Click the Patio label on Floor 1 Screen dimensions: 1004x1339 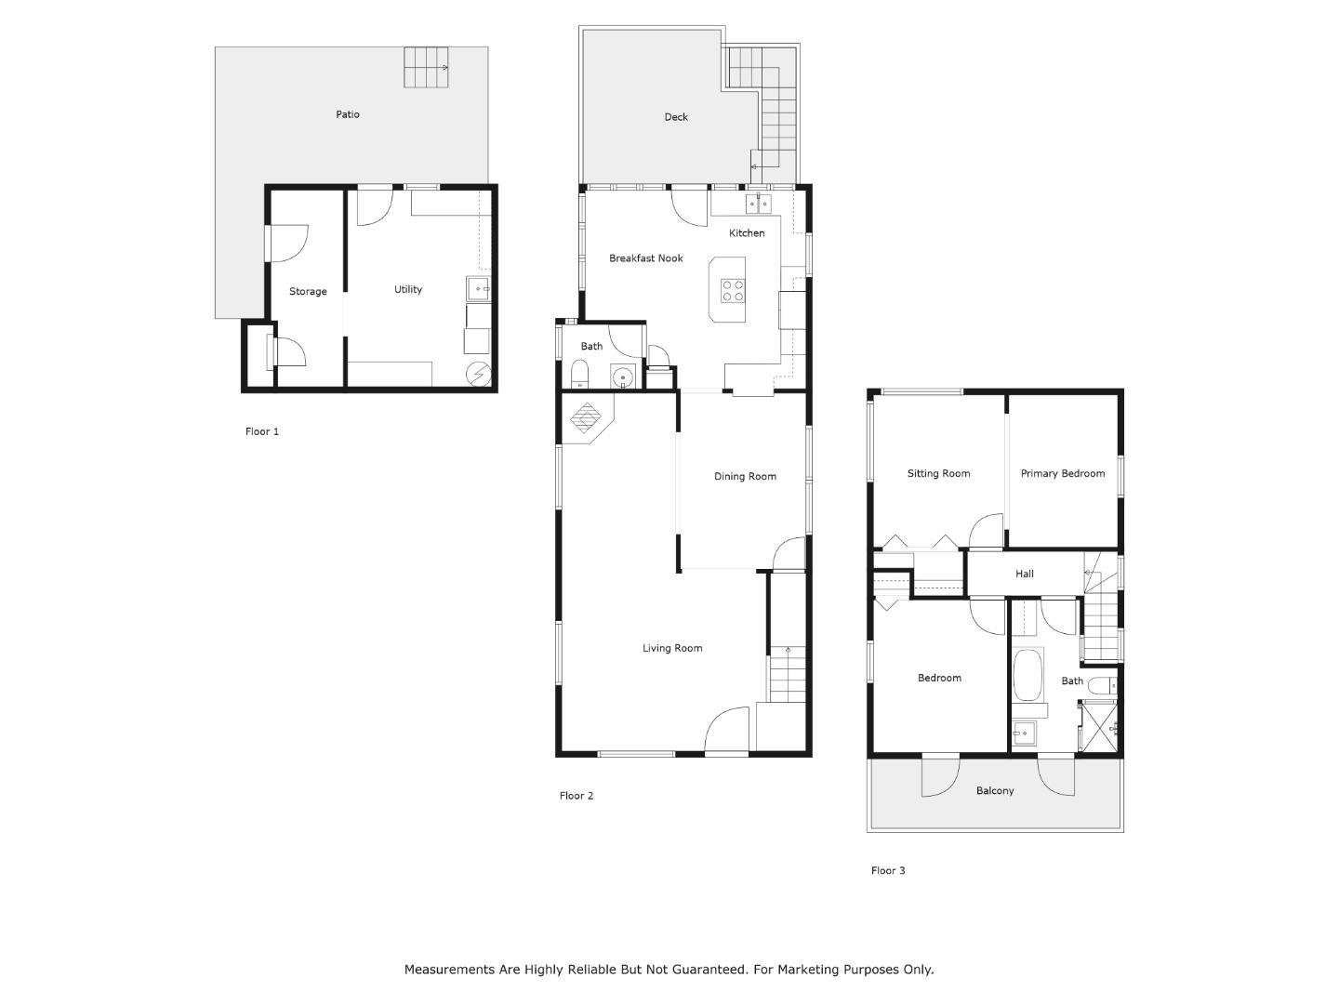tap(348, 114)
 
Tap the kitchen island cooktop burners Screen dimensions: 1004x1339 tap(732, 291)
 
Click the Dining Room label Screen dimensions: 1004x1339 tap(745, 477)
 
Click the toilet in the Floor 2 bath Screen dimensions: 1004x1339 tap(579, 376)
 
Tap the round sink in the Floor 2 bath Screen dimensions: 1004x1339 tap(622, 376)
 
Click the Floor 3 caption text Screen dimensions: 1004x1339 tap(887, 871)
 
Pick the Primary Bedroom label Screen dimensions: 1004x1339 tap(1063, 474)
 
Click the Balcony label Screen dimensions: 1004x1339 tap(995, 791)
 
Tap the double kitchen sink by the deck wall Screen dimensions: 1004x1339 tap(758, 203)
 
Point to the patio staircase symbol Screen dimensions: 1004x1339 tap(426, 68)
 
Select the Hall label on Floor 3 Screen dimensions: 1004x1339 tap(1025, 575)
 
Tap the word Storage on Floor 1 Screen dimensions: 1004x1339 tap(308, 292)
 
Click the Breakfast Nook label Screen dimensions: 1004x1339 tap(646, 258)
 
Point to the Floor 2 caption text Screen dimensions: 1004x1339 tap(576, 796)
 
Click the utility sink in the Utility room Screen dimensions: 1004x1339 tap(478, 289)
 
